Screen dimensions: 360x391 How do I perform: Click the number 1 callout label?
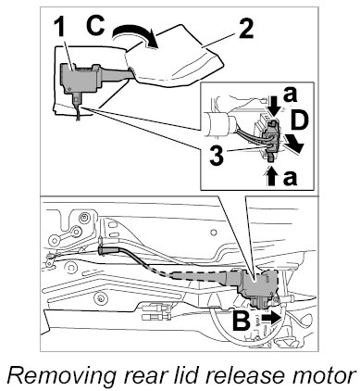[60, 29]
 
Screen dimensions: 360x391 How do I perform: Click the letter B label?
[242, 321]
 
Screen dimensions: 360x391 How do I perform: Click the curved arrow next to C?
[136, 35]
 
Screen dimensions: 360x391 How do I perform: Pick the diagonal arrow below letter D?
[293, 143]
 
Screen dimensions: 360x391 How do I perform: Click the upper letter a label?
[290, 95]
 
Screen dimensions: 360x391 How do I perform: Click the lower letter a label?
[290, 178]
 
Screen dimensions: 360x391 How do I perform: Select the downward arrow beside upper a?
[273, 107]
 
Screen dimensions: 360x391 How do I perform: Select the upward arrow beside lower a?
[271, 176]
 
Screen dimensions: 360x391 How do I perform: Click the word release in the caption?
[243, 375]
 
